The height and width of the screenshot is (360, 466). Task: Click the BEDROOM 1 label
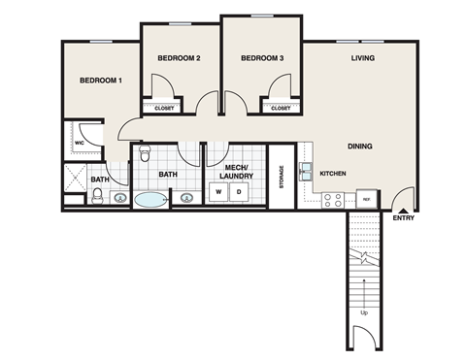click(101, 80)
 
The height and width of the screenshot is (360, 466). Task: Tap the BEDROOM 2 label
click(179, 59)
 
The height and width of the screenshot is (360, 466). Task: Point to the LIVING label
click(363, 59)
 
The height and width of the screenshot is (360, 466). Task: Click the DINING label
click(360, 147)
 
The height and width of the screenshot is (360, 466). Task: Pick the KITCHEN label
click(334, 174)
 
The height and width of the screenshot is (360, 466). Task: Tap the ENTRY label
click(403, 218)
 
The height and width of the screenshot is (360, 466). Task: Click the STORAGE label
click(282, 177)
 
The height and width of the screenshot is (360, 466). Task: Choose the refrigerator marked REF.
click(367, 198)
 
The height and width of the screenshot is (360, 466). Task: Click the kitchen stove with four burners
click(332, 200)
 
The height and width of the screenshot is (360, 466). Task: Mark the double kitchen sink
click(306, 173)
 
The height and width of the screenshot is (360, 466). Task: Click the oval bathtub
click(150, 201)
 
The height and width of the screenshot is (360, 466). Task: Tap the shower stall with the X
click(75, 178)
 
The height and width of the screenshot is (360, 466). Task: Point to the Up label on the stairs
click(363, 313)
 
